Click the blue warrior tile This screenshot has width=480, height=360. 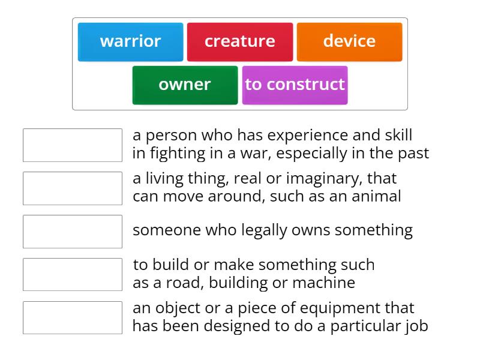pyautogui.click(x=130, y=41)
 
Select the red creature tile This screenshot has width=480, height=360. pyautogui.click(x=239, y=41)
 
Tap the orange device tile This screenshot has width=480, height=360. pyautogui.click(x=349, y=41)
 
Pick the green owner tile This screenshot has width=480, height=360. pyautogui.click(x=185, y=85)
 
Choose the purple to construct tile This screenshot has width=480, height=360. pyautogui.click(x=295, y=85)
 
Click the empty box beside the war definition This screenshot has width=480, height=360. pyautogui.click(x=73, y=145)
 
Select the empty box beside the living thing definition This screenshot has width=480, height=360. pyautogui.click(x=73, y=188)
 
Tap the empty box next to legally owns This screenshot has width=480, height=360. pyautogui.click(x=73, y=232)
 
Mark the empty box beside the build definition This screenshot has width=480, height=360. pyautogui.click(x=73, y=275)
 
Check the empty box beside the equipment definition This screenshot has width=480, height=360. pyautogui.click(x=73, y=318)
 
